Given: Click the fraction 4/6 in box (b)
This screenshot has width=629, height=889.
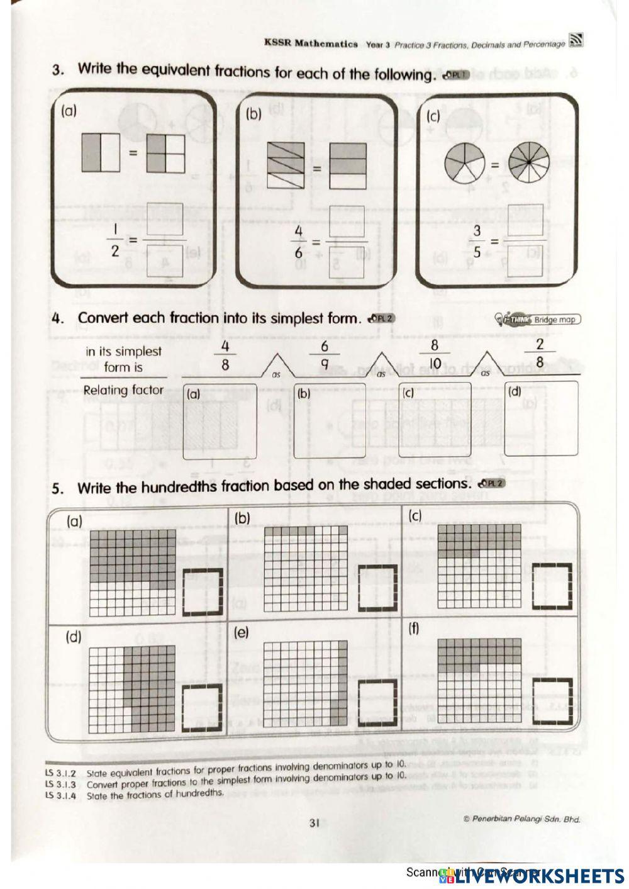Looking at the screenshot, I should [299, 242].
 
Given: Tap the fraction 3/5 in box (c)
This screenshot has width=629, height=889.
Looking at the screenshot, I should [477, 242].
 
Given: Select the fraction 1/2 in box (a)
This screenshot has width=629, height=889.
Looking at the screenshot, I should [115, 242].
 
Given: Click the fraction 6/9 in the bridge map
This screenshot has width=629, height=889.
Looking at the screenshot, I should [325, 355].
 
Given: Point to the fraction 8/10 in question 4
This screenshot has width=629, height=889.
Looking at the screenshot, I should [434, 355].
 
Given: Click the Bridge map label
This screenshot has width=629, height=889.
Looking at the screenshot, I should [554, 320].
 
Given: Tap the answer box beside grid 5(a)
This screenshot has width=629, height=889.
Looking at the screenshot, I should [203, 591].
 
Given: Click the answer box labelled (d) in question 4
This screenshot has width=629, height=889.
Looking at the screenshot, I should [542, 420].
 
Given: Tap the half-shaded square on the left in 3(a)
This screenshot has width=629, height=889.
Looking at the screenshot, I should [100, 152].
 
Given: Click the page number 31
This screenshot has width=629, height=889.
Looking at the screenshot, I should [315, 822].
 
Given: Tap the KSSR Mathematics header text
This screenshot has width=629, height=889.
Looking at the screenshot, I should [311, 44].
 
